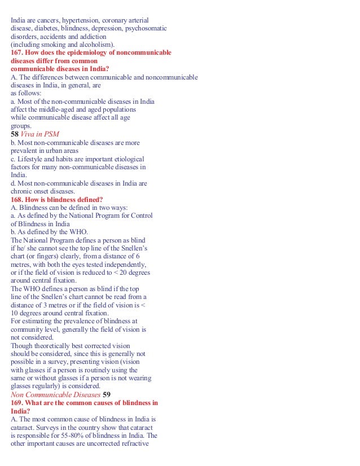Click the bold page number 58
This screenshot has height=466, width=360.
click(x=15, y=135)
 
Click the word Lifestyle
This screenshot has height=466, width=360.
click(x=30, y=159)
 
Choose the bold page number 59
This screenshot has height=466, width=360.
click(x=107, y=394)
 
